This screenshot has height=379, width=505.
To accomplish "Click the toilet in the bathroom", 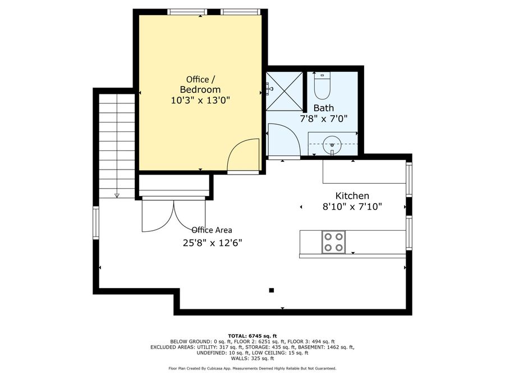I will [x=323, y=86].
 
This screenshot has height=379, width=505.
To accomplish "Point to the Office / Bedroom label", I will [x=200, y=84].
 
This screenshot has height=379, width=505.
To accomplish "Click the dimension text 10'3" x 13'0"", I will [x=200, y=101].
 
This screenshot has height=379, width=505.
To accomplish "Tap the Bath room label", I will [x=324, y=108].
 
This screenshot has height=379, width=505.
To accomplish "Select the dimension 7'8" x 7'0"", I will [x=324, y=119].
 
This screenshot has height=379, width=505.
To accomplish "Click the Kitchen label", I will [x=352, y=195].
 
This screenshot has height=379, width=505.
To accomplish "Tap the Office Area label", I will [x=212, y=230].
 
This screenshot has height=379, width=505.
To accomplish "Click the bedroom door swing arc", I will [x=244, y=154].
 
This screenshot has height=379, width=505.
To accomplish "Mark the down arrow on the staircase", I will [x=117, y=194].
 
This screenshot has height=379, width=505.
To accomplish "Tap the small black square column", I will [x=271, y=290].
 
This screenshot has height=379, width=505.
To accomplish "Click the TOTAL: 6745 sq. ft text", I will [x=252, y=336].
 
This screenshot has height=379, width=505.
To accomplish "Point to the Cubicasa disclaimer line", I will [x=252, y=368].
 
